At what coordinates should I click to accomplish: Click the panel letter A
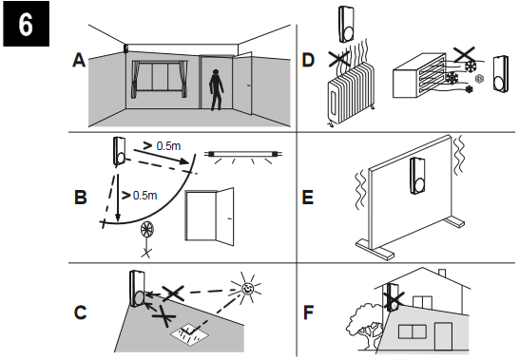click(80, 60)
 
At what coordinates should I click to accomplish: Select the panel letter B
click(80, 199)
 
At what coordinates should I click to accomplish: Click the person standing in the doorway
click(218, 90)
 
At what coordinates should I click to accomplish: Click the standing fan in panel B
click(147, 236)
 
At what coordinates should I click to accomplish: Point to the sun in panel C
click(248, 285)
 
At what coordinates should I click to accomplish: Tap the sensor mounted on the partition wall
click(415, 178)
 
